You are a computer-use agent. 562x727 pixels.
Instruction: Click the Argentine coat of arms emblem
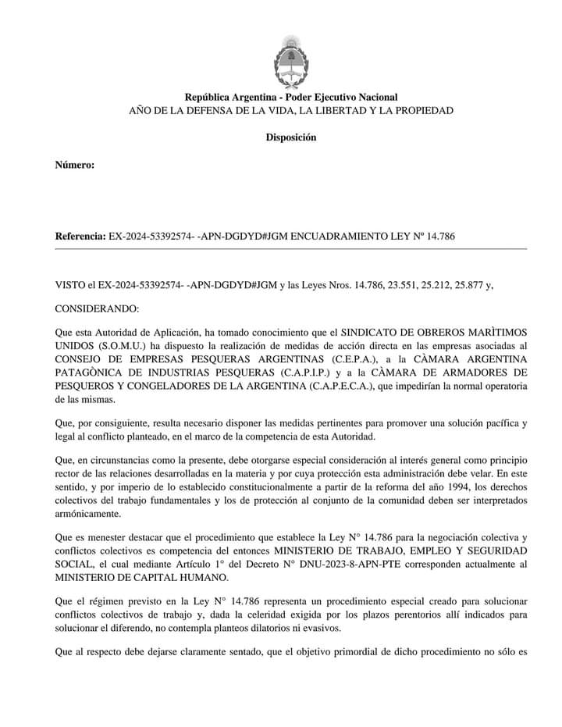click(290, 60)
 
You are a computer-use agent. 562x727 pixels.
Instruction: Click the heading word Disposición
click(290, 137)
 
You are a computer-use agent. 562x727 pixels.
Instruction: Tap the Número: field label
click(75, 165)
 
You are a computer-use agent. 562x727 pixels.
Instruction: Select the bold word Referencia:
click(80, 236)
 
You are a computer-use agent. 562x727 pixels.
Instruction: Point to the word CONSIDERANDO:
click(97, 309)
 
